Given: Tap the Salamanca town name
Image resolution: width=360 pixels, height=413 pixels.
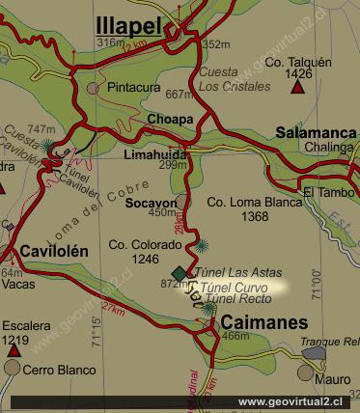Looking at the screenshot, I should [x=317, y=132].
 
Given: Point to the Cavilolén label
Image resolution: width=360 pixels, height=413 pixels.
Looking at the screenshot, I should [x=53, y=251].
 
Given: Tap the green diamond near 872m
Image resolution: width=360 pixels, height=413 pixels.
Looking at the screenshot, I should [x=180, y=273].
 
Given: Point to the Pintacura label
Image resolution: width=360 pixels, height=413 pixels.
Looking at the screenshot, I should [x=134, y=87].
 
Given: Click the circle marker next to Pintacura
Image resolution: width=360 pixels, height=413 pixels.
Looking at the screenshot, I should [x=94, y=88].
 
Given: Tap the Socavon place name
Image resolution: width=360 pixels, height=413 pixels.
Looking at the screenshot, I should [x=151, y=204].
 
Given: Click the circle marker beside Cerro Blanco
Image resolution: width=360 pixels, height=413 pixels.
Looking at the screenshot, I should [x=13, y=368].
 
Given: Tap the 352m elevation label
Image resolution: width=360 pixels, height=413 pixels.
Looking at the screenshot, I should [x=217, y=44].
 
